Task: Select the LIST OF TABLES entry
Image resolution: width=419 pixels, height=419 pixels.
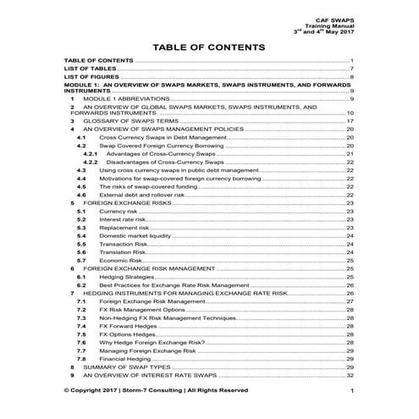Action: click(x=91, y=69)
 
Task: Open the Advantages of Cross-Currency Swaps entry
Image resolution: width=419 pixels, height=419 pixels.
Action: click(x=158, y=153)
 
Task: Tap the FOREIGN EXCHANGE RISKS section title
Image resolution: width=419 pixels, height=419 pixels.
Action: click(x=127, y=203)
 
